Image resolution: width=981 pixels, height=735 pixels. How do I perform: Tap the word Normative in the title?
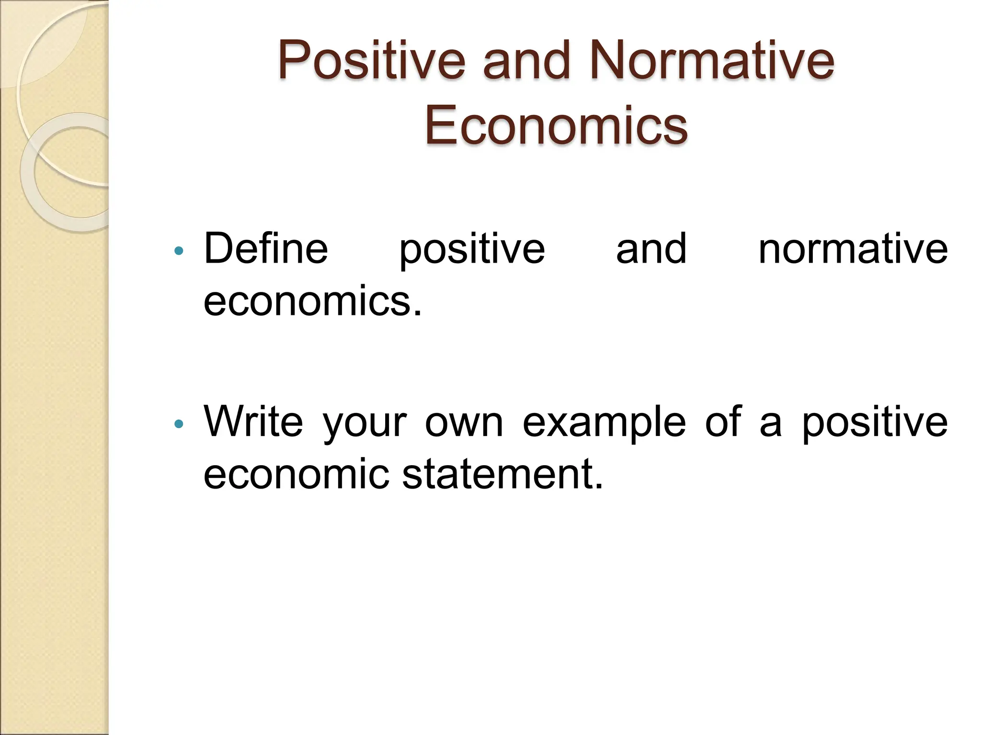[712, 61]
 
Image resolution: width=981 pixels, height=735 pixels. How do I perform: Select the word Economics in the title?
[556, 126]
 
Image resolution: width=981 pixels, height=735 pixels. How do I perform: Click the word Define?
[266, 248]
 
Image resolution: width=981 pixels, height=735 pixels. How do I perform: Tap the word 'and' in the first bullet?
[651, 248]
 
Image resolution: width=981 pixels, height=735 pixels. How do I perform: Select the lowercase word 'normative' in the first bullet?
[853, 248]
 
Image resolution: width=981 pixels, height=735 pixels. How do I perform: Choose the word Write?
[253, 422]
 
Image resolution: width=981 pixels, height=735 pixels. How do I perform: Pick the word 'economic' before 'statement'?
[297, 474]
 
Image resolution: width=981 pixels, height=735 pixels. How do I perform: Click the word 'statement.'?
[502, 474]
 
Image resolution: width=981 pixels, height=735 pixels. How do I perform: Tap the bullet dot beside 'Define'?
[179, 250]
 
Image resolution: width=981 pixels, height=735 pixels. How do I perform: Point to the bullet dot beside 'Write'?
[179, 423]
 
